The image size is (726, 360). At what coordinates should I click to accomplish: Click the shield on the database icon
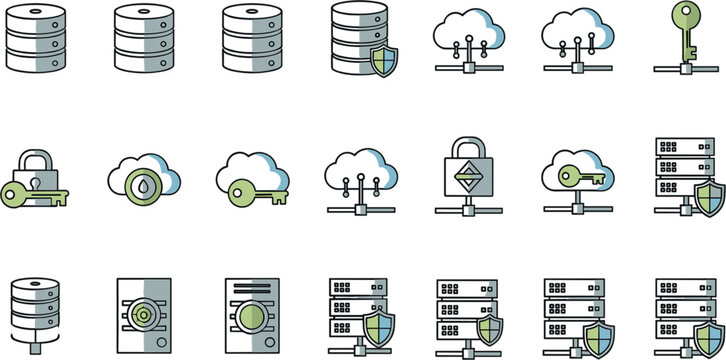point(383,60)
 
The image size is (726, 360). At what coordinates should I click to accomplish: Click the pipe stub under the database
point(33,349)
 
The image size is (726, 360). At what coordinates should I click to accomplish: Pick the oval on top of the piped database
point(33,287)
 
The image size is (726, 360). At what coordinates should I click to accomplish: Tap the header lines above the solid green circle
point(251,290)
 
